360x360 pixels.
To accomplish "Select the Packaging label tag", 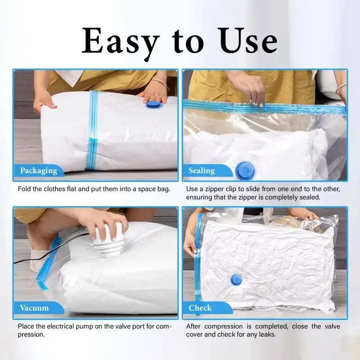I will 39,171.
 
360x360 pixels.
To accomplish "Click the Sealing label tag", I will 202,171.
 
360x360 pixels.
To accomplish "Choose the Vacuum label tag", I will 34,308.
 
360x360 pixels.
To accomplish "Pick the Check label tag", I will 200,308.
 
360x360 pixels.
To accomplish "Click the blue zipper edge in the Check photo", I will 198,252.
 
